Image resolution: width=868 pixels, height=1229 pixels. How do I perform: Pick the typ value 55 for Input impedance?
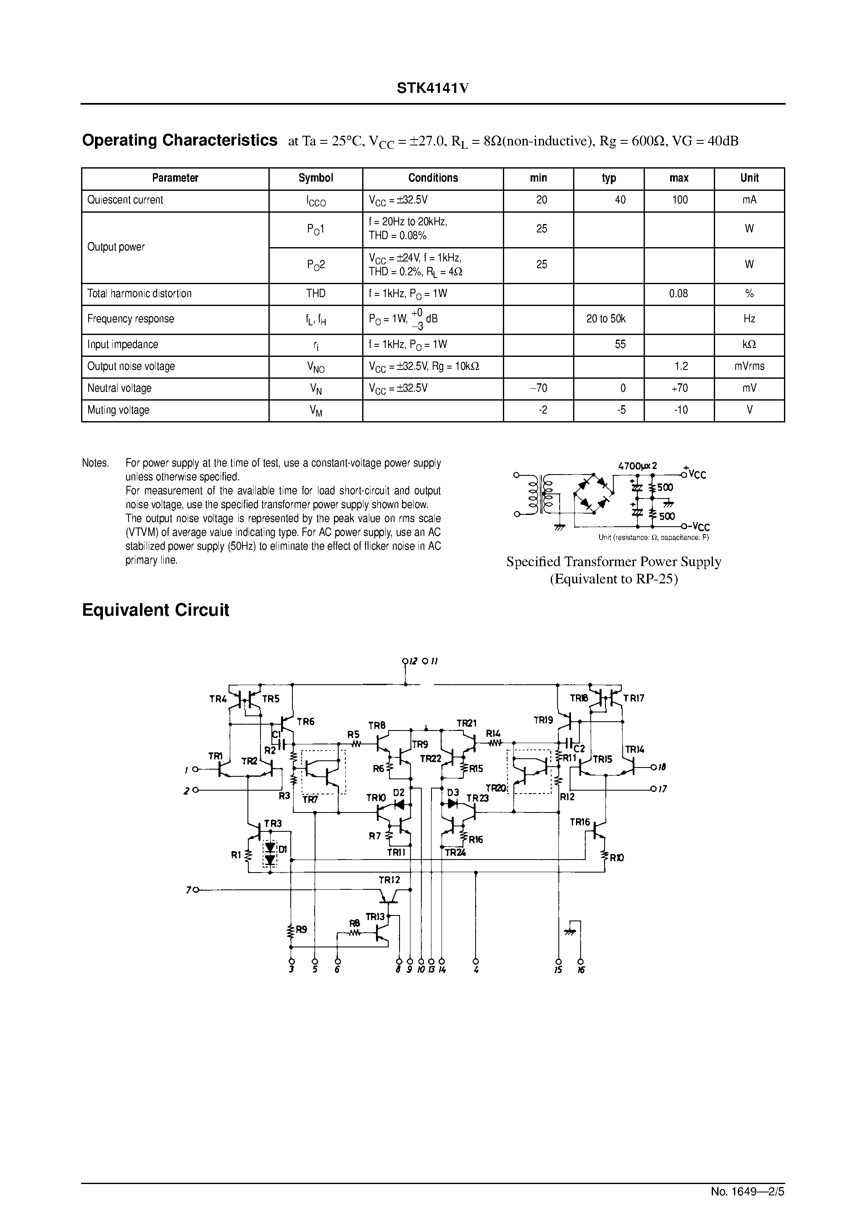(x=620, y=345)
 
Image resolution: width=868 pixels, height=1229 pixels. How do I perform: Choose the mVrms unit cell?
(x=749, y=367)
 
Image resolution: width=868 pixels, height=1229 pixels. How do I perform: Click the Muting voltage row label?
(x=118, y=410)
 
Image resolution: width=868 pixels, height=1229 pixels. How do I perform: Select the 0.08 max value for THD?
(x=679, y=293)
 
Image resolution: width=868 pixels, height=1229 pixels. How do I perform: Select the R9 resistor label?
(x=301, y=930)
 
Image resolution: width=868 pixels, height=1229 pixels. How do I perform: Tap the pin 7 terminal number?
(x=188, y=890)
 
